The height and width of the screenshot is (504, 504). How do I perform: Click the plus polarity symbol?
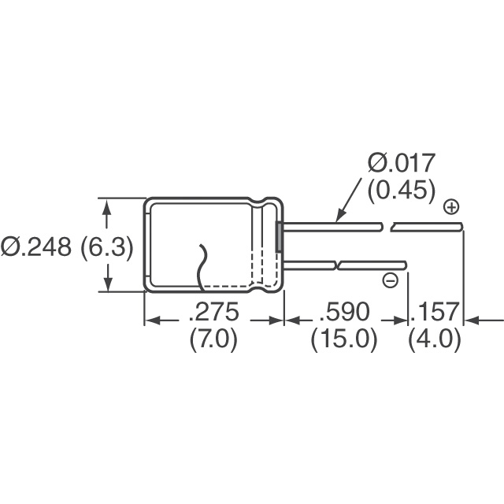(451, 207)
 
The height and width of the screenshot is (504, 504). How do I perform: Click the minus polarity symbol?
(391, 280)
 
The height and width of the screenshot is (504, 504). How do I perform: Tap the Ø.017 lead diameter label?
(402, 163)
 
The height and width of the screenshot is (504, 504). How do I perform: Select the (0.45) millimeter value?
(402, 191)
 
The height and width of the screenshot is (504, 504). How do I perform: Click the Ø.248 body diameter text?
(35, 247)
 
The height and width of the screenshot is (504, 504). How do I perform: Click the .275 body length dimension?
(214, 311)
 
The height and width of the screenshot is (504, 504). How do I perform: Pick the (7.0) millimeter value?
(213, 339)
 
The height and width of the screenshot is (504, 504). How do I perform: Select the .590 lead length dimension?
(345, 311)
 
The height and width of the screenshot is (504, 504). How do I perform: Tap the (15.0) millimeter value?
(344, 339)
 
